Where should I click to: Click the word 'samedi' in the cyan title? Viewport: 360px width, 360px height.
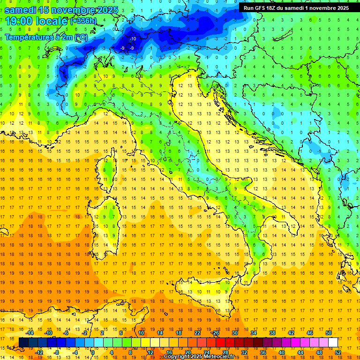tap(21, 9)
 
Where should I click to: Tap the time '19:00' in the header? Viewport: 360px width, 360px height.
tap(21, 21)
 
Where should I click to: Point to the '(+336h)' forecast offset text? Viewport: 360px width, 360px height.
tap(84, 21)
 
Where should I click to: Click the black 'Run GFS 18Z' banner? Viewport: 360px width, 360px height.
tap(296, 7)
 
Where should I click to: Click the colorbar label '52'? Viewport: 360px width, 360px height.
tap(338, 352)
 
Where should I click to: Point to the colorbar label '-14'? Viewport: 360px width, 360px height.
tap(30, 333)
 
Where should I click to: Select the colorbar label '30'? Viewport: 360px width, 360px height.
tap(234, 333)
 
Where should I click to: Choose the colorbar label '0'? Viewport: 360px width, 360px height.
tap(93, 352)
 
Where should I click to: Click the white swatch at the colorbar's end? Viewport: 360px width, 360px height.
tap(333, 342)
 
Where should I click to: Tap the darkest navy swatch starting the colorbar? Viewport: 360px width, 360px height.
tap(23, 342)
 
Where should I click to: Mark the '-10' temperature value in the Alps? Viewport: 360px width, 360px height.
tap(133, 38)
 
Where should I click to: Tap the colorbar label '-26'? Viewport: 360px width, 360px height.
tap(215, 333)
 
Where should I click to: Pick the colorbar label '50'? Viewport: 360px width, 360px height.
tap(328, 333)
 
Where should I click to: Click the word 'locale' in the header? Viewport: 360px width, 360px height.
tap(53, 21)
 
